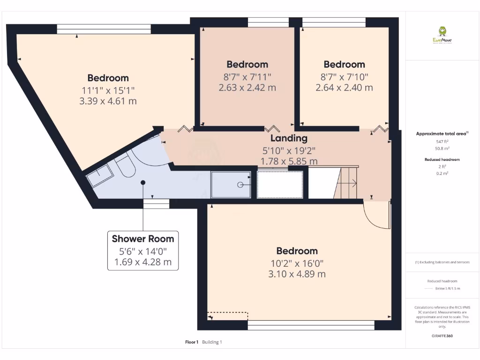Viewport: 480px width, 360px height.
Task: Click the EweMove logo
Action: coord(442,35)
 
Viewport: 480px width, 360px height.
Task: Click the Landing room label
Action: coord(289,138)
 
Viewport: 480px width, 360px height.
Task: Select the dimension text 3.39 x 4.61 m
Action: coord(108,101)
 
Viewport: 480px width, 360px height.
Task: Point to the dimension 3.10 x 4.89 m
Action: coord(297,274)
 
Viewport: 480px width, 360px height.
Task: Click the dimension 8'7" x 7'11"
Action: coord(247,76)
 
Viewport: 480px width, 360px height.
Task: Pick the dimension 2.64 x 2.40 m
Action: coord(344,87)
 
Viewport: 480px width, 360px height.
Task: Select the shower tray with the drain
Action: coord(231,185)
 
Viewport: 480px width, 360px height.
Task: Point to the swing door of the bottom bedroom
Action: coord(377,216)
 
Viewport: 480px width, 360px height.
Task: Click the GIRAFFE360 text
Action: coord(442,336)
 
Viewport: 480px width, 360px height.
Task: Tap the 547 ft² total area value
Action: coord(442,141)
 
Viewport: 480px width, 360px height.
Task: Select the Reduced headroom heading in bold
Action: coord(442,159)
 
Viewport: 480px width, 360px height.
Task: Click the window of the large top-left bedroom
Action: coord(104,29)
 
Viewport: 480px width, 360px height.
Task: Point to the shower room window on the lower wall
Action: coord(156,203)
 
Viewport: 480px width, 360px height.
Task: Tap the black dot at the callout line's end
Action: coord(143,182)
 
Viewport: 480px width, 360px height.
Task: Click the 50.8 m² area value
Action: coord(442,148)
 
